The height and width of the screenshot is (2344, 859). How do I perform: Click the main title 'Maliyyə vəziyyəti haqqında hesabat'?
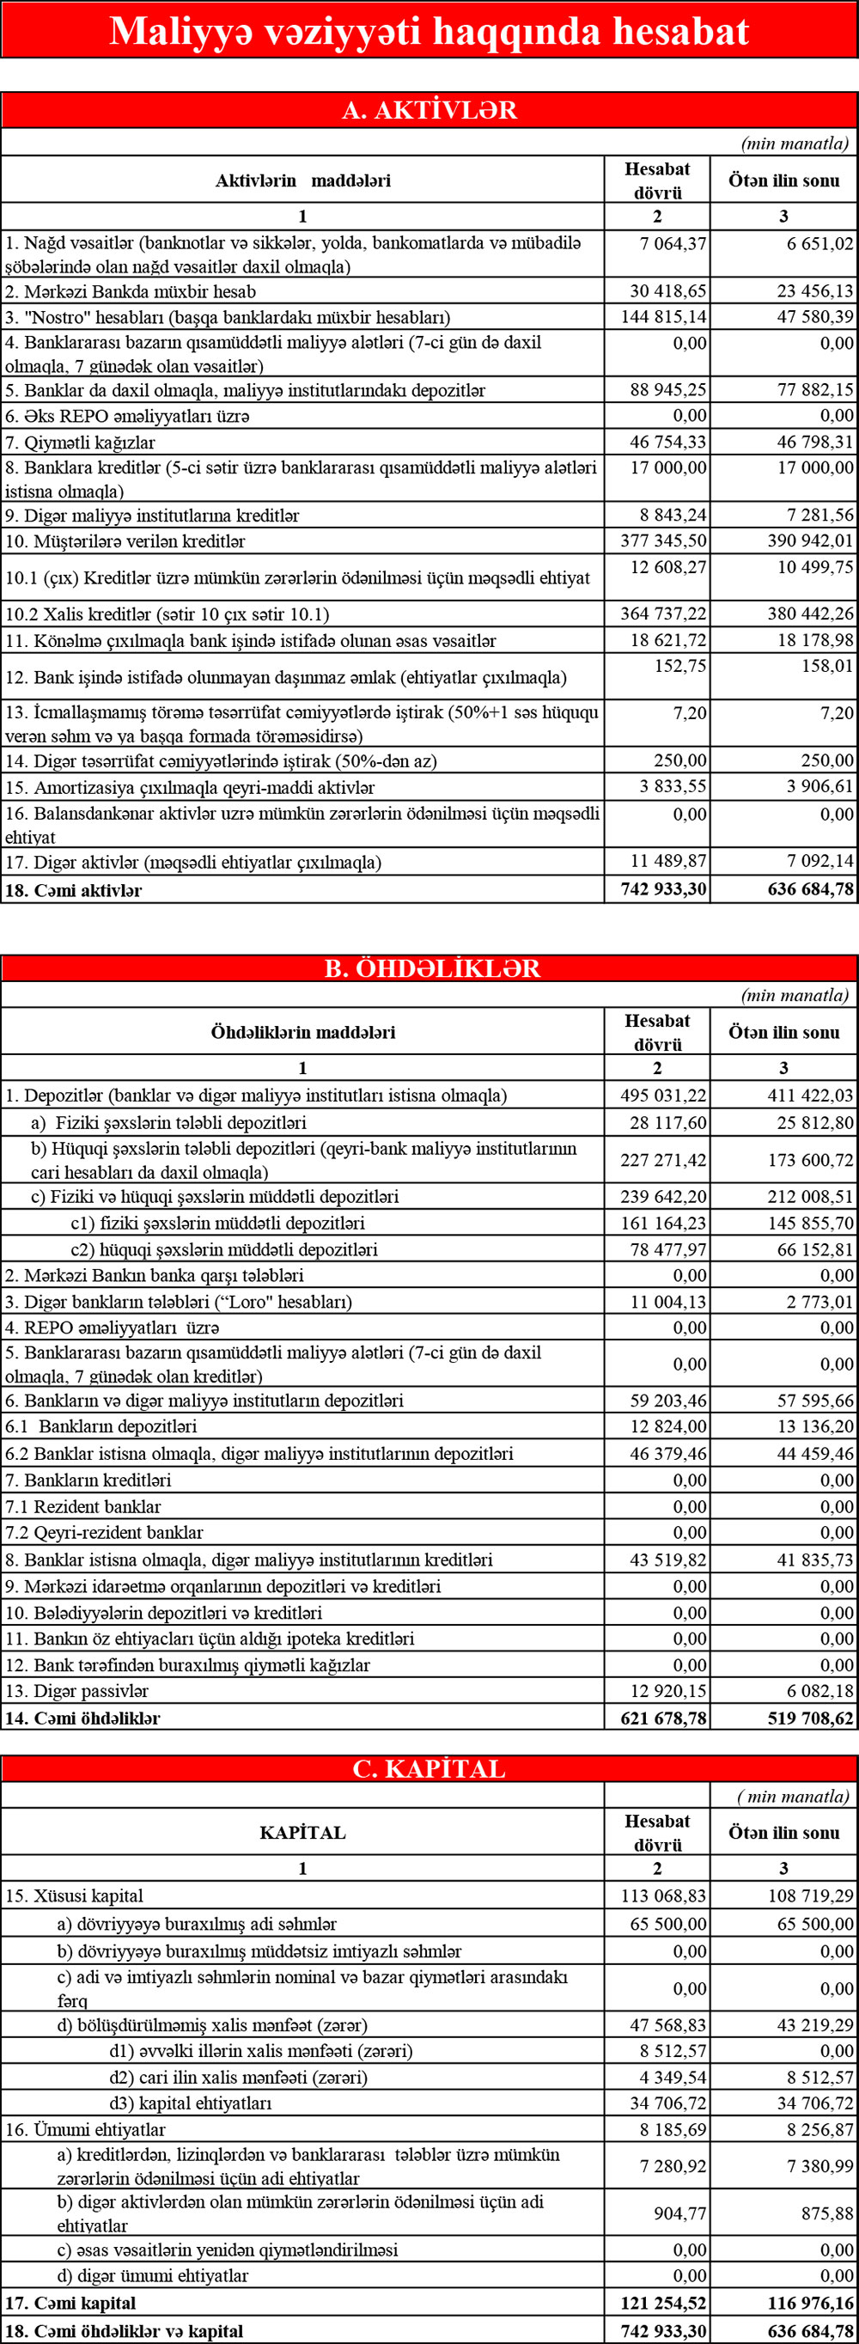coord(429,31)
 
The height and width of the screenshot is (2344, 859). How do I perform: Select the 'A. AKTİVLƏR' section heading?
coord(429,110)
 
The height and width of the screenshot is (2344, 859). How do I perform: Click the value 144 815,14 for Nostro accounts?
coord(663,317)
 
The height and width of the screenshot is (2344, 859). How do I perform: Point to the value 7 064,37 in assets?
coord(673,243)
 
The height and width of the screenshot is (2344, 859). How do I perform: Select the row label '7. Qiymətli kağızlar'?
coord(80,443)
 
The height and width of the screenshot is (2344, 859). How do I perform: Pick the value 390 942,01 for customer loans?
coord(810,540)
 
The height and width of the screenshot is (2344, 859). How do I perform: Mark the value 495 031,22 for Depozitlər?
coord(663,1096)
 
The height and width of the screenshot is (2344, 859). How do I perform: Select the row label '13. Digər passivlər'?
coord(76,1691)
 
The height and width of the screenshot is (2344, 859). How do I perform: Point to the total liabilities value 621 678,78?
coord(663,1718)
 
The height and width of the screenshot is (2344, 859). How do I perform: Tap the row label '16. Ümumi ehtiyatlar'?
coord(86,2129)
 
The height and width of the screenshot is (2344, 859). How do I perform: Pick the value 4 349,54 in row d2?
coord(673,2077)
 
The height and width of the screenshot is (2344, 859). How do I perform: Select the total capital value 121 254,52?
coord(663,2303)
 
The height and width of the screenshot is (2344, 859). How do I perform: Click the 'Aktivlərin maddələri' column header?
coord(302,180)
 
